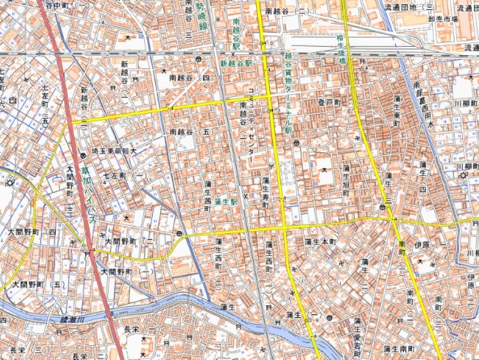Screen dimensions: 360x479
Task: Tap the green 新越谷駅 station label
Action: (x=237, y=62)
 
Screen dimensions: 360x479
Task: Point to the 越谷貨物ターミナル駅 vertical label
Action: (x=287, y=92)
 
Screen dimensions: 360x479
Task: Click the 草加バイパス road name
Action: (x=89, y=195)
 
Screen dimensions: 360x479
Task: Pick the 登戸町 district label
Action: (x=329, y=103)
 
